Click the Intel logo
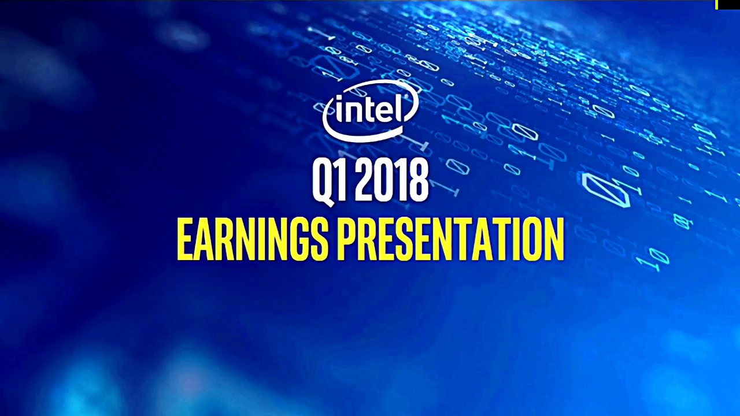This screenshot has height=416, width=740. tap(371, 111)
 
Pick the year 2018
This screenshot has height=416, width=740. tap(392, 180)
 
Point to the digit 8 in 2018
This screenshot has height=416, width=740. tap(418, 180)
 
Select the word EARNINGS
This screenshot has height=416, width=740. tap(252, 239)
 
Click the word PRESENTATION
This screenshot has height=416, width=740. tap(450, 239)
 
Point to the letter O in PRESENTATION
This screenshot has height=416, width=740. tap(534, 239)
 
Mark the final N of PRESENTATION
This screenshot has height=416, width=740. tap(555, 239)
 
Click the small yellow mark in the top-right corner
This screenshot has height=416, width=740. tap(716, 5)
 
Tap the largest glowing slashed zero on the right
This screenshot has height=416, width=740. tap(605, 190)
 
